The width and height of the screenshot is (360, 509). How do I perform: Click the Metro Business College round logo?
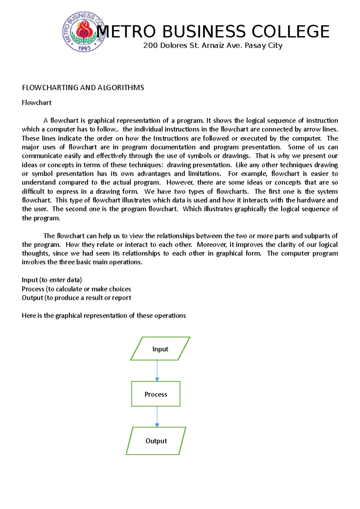pyautogui.click(x=83, y=31)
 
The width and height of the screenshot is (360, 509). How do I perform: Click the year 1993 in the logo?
pyautogui.click(x=84, y=48)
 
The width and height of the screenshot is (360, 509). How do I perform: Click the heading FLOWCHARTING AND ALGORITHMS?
pyautogui.click(x=83, y=88)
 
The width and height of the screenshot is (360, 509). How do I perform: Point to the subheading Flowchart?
pyautogui.click(x=37, y=103)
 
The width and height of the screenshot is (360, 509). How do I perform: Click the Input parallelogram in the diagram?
pyautogui.click(x=160, y=349)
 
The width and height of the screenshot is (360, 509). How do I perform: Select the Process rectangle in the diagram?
pyautogui.click(x=156, y=394)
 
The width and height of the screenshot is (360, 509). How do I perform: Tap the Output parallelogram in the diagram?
pyautogui.click(x=156, y=441)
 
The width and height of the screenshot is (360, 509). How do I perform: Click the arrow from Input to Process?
pyautogui.click(x=157, y=371)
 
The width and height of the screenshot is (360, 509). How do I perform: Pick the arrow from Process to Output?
pyautogui.click(x=157, y=417)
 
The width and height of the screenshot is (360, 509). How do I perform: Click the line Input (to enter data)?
pyautogui.click(x=52, y=280)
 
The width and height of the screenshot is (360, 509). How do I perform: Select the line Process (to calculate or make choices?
pyautogui.click(x=76, y=289)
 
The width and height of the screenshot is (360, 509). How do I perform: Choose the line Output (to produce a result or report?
pyautogui.click(x=76, y=298)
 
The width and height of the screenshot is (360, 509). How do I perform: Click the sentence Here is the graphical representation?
pyautogui.click(x=104, y=316)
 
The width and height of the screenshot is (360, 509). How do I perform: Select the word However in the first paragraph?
pyautogui.click(x=180, y=183)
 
